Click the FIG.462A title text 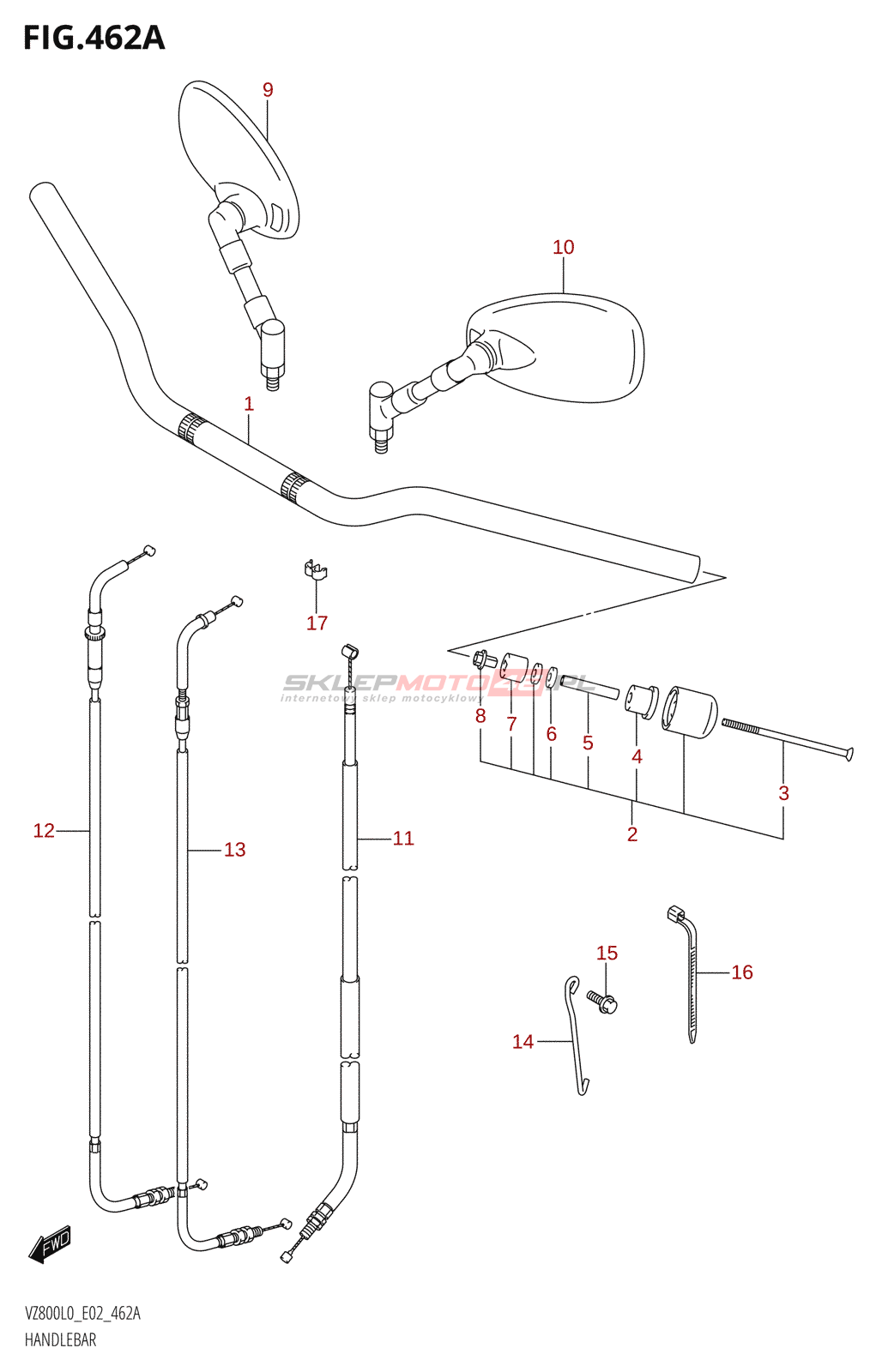pyautogui.click(x=94, y=39)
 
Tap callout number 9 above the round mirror pyautogui.click(x=268, y=90)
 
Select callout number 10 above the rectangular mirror pyautogui.click(x=563, y=248)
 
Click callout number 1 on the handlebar pyautogui.click(x=249, y=404)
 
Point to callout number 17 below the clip pyautogui.click(x=317, y=623)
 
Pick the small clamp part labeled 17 pyautogui.click(x=315, y=570)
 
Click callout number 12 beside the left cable pyautogui.click(x=44, y=830)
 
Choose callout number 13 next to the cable pyautogui.click(x=234, y=850)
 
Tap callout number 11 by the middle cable pyautogui.click(x=403, y=839)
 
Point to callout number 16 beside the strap pyautogui.click(x=742, y=972)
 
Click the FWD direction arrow pyautogui.click(x=50, y=1243)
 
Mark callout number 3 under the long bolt pyautogui.click(x=783, y=793)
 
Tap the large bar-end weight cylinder pyautogui.click(x=691, y=711)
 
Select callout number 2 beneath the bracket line pyautogui.click(x=632, y=834)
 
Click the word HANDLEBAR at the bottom pyautogui.click(x=60, y=1340)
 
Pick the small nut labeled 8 pyautogui.click(x=482, y=660)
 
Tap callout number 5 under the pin pyautogui.click(x=588, y=743)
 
